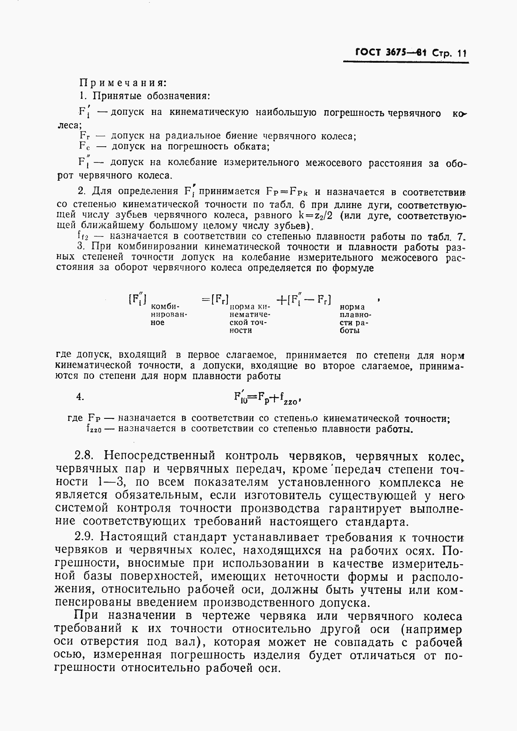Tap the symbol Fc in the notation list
[x=84, y=147]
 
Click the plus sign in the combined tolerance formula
[x=281, y=300]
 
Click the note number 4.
[x=80, y=397]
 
